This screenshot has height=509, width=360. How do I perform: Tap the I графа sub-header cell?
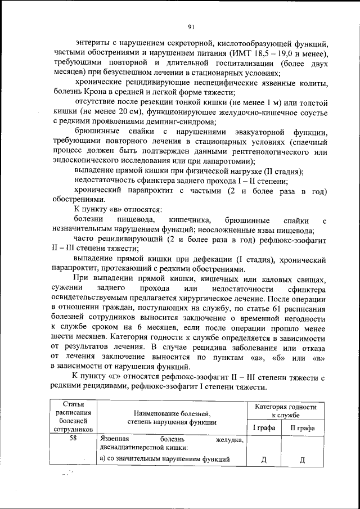(264, 428)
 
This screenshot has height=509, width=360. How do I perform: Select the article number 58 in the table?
(73, 439)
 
